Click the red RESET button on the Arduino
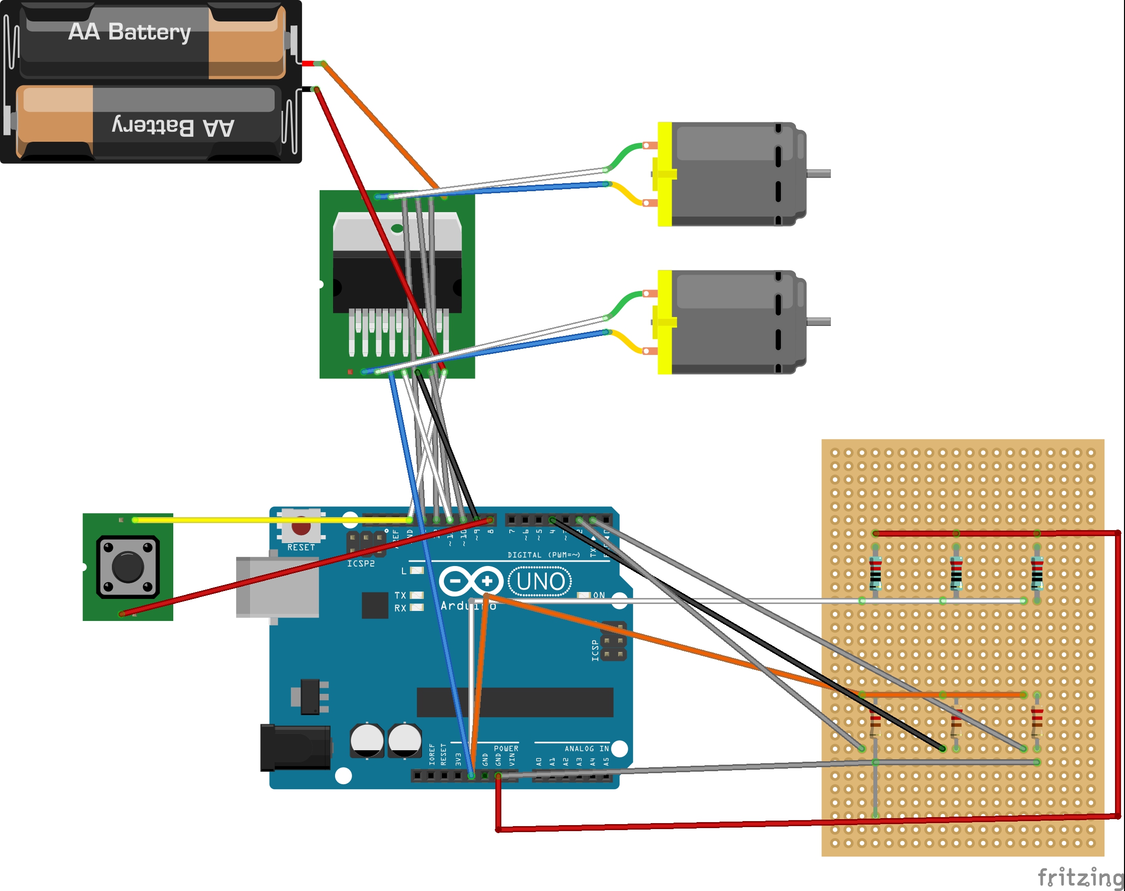[301, 528]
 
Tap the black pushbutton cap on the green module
[128, 567]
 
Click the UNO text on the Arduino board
[540, 581]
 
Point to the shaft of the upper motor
[819, 174]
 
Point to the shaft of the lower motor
[819, 322]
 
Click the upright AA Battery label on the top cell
[129, 32]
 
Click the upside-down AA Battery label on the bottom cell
[173, 127]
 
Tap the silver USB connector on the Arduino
[277, 587]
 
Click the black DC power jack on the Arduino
[295, 748]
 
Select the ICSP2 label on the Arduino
[361, 564]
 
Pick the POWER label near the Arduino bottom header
[506, 749]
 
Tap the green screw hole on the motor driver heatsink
[397, 229]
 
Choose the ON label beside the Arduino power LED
[599, 595]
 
